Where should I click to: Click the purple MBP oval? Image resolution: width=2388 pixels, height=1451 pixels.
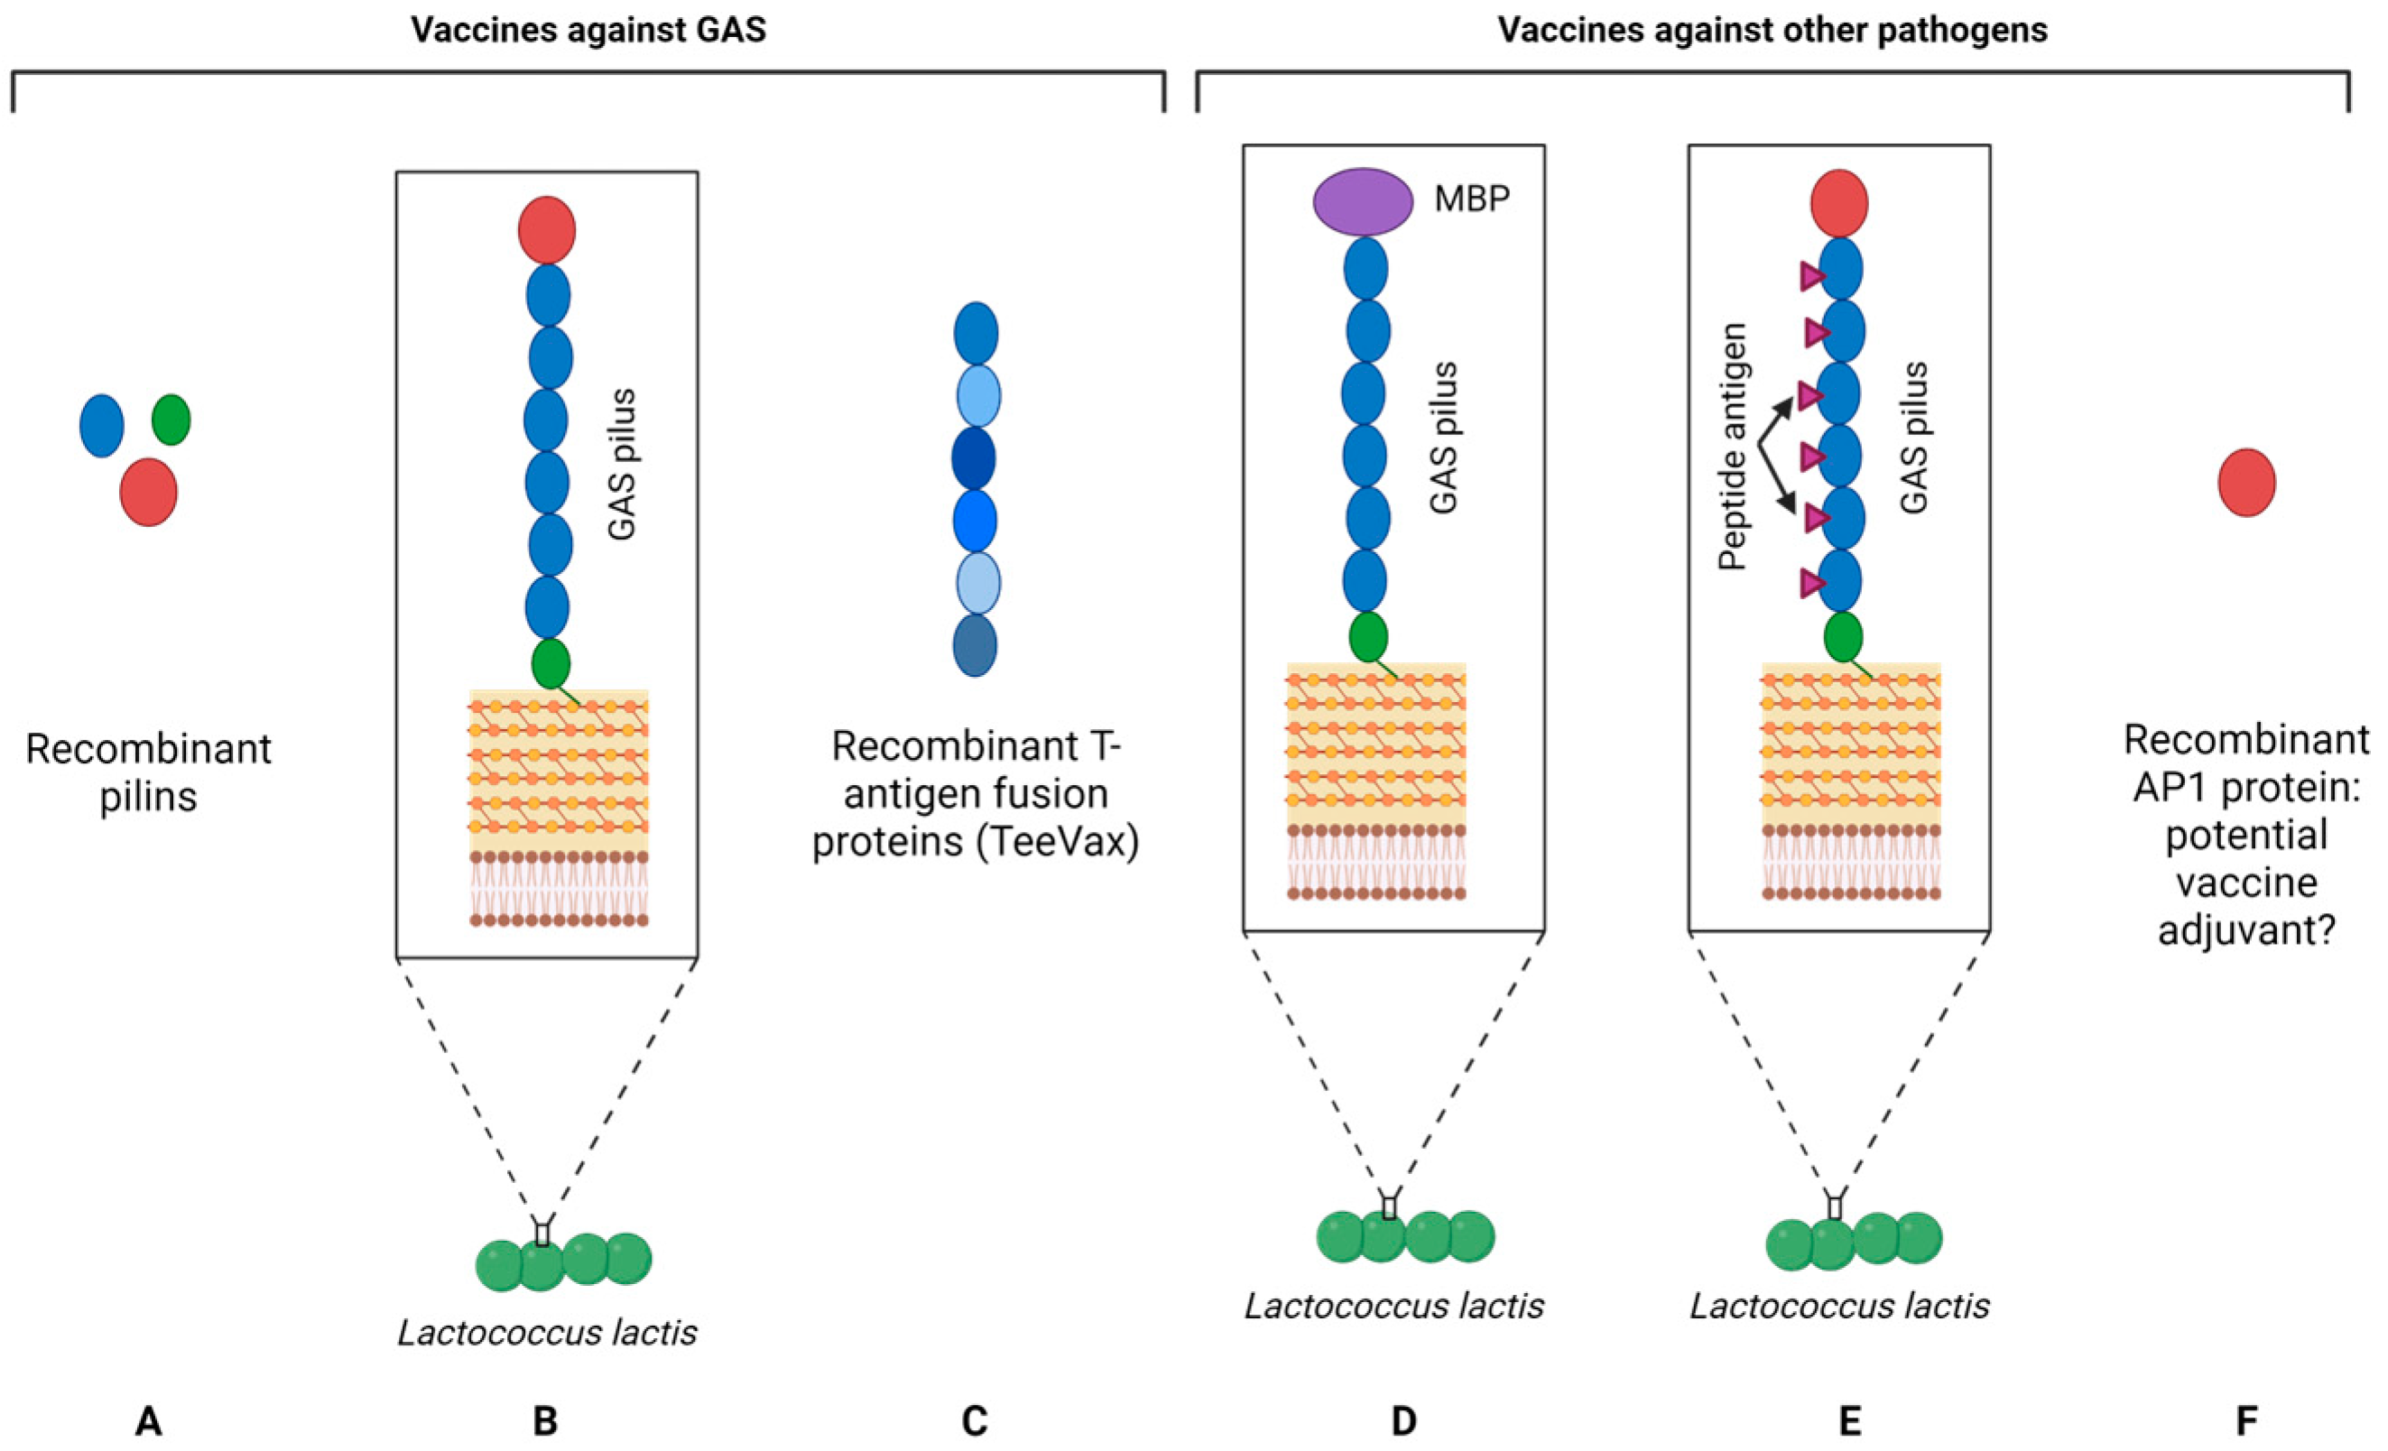coord(1363,201)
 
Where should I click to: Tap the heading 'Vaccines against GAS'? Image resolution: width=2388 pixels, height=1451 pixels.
coord(588,30)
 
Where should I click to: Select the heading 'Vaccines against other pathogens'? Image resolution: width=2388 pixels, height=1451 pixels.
coord(1772,30)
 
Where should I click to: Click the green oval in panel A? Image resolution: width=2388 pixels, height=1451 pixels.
coord(171,420)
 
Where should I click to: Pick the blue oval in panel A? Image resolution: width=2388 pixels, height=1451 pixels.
coord(102,426)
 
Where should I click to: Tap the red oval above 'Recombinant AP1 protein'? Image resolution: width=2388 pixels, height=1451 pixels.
coord(2246,482)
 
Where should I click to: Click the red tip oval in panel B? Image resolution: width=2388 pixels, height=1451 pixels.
coord(547,230)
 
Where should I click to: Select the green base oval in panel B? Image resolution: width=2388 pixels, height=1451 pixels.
coord(551,663)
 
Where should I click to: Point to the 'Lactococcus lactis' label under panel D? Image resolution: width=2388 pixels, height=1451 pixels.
coord(1393,1307)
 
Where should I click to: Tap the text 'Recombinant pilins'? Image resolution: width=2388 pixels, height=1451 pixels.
coord(148,772)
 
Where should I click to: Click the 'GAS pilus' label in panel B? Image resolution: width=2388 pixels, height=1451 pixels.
coord(621,465)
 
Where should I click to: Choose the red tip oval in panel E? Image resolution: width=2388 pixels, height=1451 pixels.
coord(1839,202)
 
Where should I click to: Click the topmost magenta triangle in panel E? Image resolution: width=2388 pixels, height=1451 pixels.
coord(1810,277)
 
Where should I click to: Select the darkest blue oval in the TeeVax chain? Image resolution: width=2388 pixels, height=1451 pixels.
coord(975,457)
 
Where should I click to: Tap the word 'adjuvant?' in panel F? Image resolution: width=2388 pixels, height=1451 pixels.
coord(2245,929)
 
